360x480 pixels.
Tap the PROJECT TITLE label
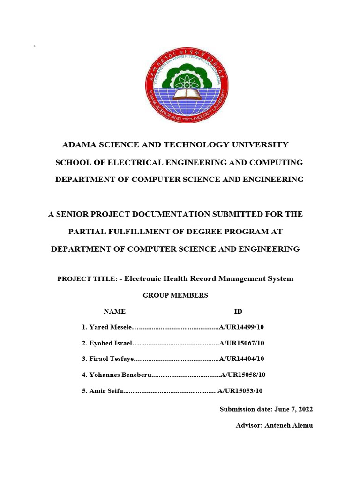87,279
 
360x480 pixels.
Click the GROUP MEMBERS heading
175,295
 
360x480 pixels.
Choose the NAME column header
114,311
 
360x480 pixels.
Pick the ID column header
238,311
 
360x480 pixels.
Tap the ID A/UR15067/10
242,343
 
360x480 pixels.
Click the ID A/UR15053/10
240,391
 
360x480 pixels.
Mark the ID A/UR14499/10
242,327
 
